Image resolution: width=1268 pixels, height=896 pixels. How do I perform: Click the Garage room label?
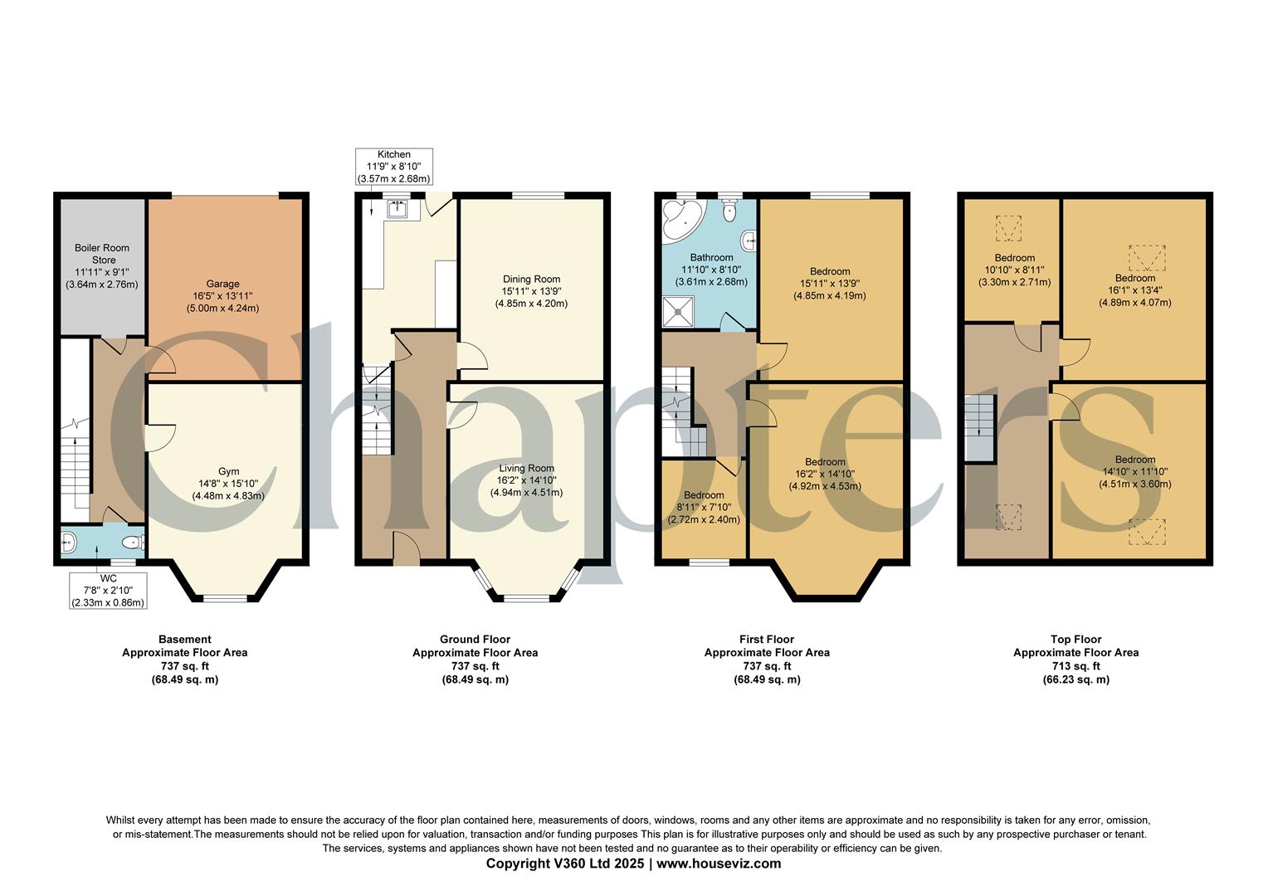pyautogui.click(x=223, y=296)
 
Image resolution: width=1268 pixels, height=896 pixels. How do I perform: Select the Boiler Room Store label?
pyautogui.click(x=101, y=265)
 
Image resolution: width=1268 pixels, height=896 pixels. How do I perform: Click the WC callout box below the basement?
pyautogui.click(x=109, y=590)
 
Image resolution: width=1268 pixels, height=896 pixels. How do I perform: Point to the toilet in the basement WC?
pyautogui.click(x=131, y=543)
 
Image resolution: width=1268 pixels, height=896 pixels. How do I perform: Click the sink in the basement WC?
pyautogui.click(x=68, y=543)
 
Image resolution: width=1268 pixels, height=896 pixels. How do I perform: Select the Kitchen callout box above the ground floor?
pyautogui.click(x=394, y=167)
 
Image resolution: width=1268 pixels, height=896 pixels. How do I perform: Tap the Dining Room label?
pyautogui.click(x=531, y=291)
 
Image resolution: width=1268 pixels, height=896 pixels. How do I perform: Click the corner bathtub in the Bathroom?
pyautogui.click(x=681, y=218)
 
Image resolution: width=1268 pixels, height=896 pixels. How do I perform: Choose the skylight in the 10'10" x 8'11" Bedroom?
pyautogui.click(x=1008, y=226)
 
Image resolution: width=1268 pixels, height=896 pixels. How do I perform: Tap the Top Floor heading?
pyautogui.click(x=1075, y=640)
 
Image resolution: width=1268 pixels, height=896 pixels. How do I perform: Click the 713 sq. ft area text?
pyautogui.click(x=1075, y=666)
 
